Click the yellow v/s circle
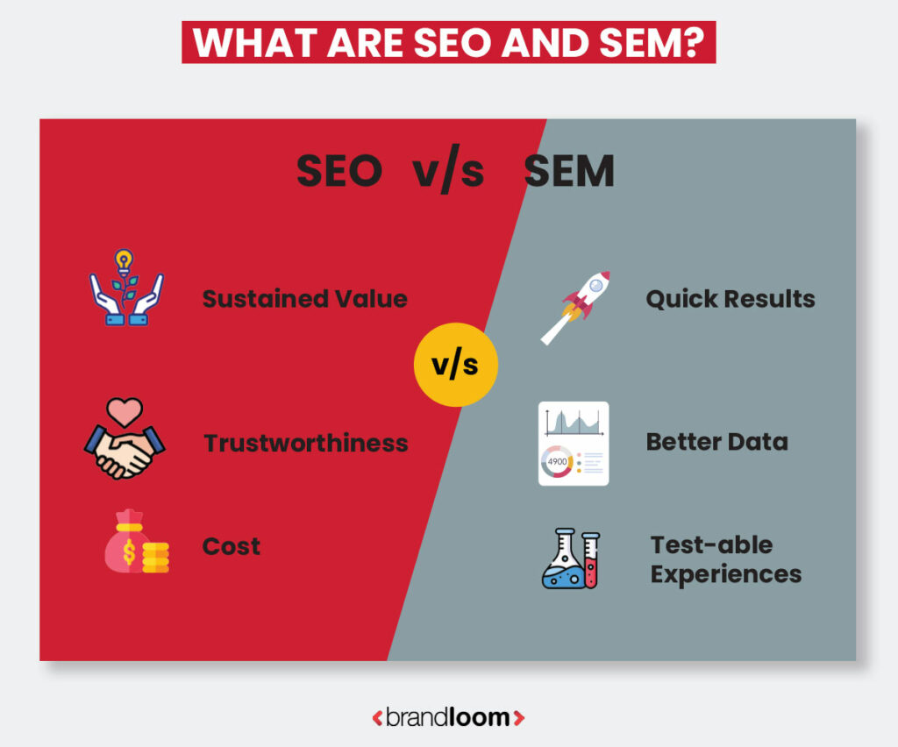click(455, 364)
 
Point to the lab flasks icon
click(571, 558)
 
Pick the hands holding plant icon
click(126, 288)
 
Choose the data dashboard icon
click(573, 444)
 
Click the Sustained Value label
click(304, 299)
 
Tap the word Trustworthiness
click(306, 443)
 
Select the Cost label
click(232, 546)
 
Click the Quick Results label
click(730, 299)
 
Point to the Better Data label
click(716, 442)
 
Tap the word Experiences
click(726, 574)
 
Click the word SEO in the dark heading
click(339, 172)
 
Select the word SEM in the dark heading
click(569, 172)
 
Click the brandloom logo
click(448, 717)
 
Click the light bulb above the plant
click(124, 260)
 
